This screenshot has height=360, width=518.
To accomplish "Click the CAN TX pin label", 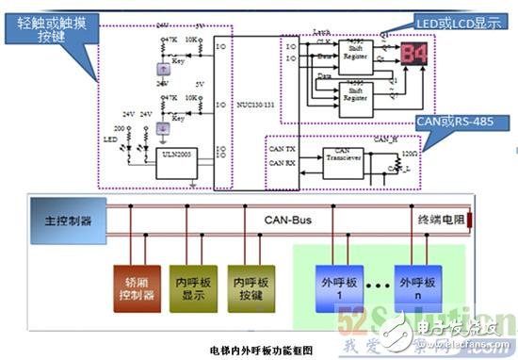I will pos(283,149).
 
